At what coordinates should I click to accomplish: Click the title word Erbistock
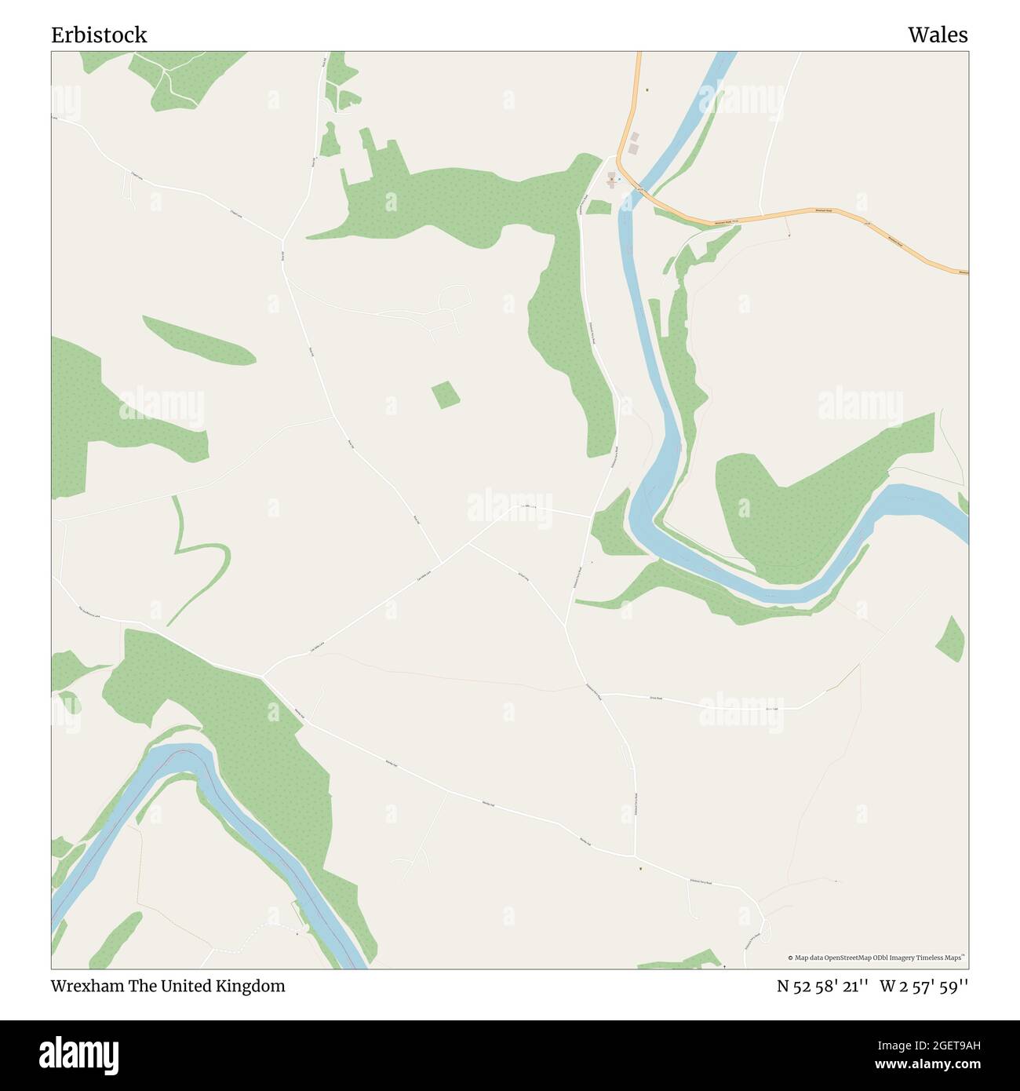pyautogui.click(x=99, y=35)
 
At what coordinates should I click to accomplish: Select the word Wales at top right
pyautogui.click(x=938, y=35)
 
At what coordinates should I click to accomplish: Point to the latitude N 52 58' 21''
pyautogui.click(x=822, y=986)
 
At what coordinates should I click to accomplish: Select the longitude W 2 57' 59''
pyautogui.click(x=924, y=986)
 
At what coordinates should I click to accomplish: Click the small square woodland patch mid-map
pyautogui.click(x=446, y=395)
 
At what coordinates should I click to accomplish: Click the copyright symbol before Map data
pyautogui.click(x=791, y=958)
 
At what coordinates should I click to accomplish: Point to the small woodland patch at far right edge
pyautogui.click(x=950, y=638)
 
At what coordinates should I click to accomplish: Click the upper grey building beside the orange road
pyautogui.click(x=635, y=137)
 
